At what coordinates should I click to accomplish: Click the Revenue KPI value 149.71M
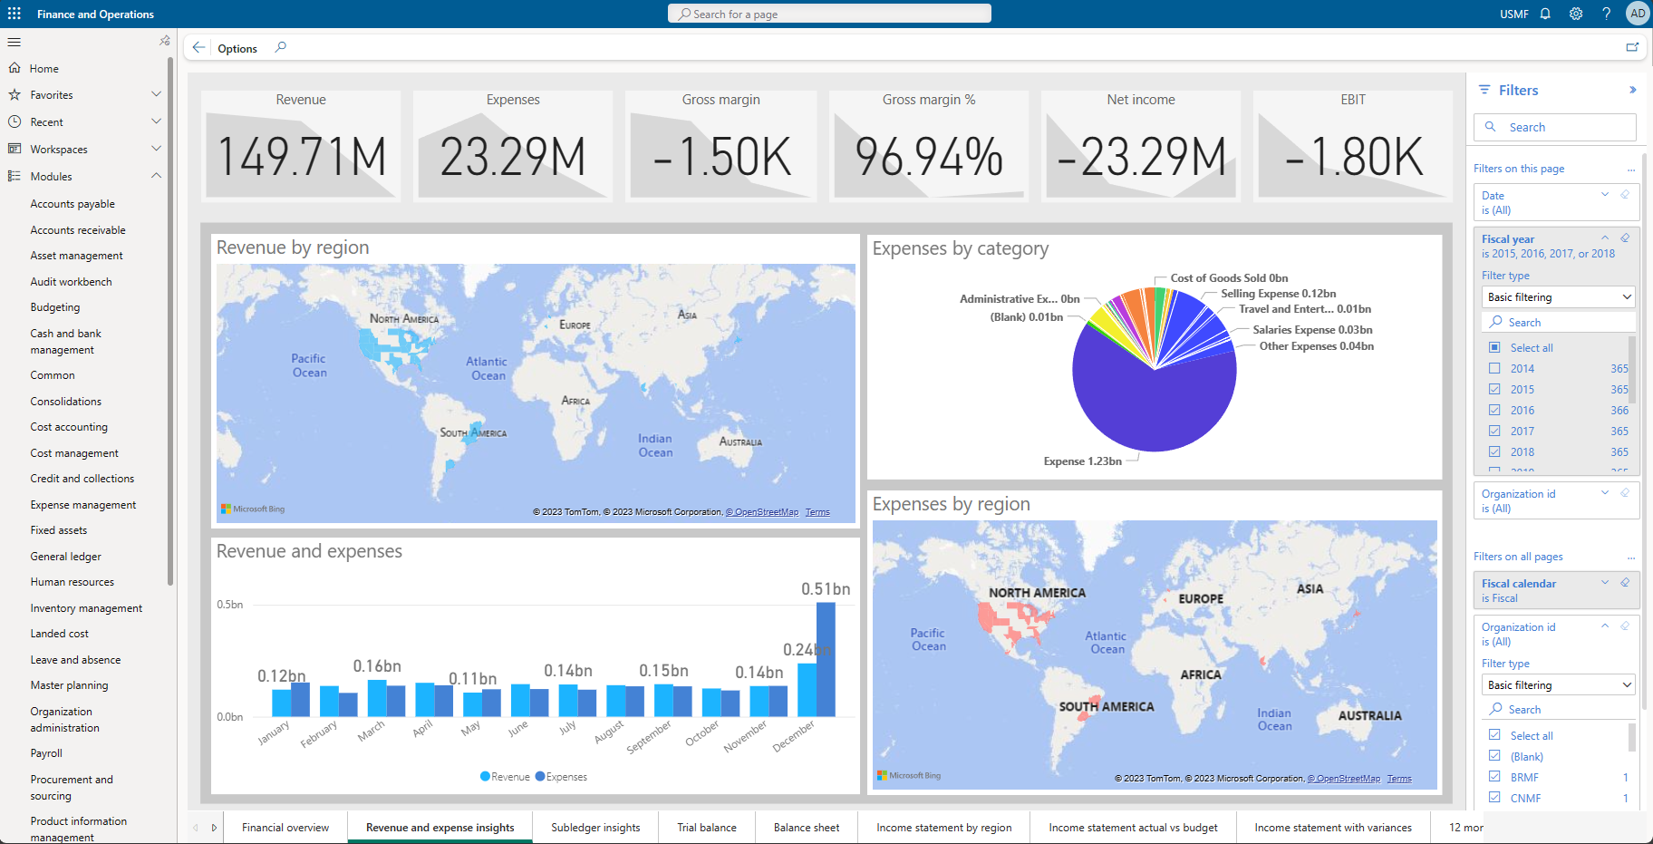pos(302,157)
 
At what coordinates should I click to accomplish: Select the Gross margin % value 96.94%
pos(929,157)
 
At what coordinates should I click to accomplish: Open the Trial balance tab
pos(707,828)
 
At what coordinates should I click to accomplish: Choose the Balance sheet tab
pos(807,828)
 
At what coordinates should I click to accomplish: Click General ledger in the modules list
pos(66,557)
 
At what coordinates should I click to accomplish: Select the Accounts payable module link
pos(72,204)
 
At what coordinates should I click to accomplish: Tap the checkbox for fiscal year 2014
pos(1494,369)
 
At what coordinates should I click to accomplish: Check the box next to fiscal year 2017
pos(1494,432)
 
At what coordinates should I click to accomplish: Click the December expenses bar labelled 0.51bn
pos(826,659)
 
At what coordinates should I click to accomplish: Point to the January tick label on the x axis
pos(273,732)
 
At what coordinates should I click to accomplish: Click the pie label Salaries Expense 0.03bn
pos(1312,330)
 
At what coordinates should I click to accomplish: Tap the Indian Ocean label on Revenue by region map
pos(655,445)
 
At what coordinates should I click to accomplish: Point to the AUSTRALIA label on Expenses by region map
pos(1369,716)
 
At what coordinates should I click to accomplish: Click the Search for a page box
pos(829,14)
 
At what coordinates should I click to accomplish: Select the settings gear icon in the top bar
pos(1576,14)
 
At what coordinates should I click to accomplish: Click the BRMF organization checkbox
pos(1494,777)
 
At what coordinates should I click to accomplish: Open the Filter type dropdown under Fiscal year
pos(1558,297)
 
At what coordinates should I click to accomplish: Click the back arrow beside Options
pos(198,48)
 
